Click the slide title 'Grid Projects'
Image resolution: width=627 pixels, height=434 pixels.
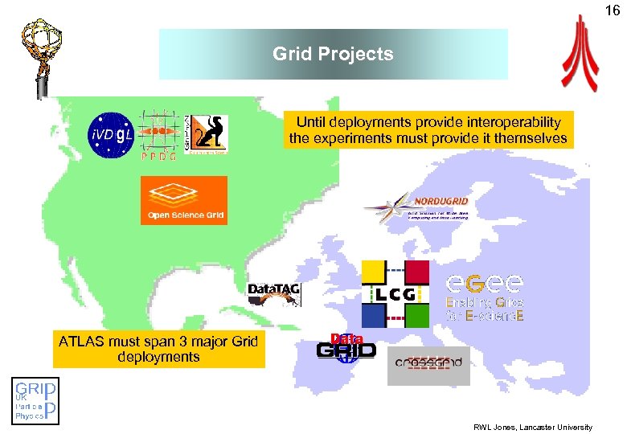(x=333, y=54)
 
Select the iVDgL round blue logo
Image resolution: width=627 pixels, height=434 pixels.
(x=111, y=133)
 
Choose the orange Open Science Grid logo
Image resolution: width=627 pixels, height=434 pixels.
(x=184, y=200)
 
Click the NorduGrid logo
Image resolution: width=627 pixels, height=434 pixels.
(x=418, y=207)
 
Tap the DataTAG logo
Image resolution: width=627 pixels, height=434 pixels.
(x=274, y=293)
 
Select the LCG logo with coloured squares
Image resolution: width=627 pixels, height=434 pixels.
(x=395, y=293)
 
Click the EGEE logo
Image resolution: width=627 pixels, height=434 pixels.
(x=485, y=297)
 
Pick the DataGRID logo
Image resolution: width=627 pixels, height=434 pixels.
(x=346, y=346)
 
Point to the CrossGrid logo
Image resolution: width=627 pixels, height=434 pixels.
(x=428, y=362)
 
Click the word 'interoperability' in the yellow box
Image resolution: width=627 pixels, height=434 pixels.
(x=514, y=122)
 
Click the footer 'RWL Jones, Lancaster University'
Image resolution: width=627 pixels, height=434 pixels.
(x=532, y=427)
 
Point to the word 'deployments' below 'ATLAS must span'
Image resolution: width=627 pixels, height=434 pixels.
(x=158, y=357)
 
